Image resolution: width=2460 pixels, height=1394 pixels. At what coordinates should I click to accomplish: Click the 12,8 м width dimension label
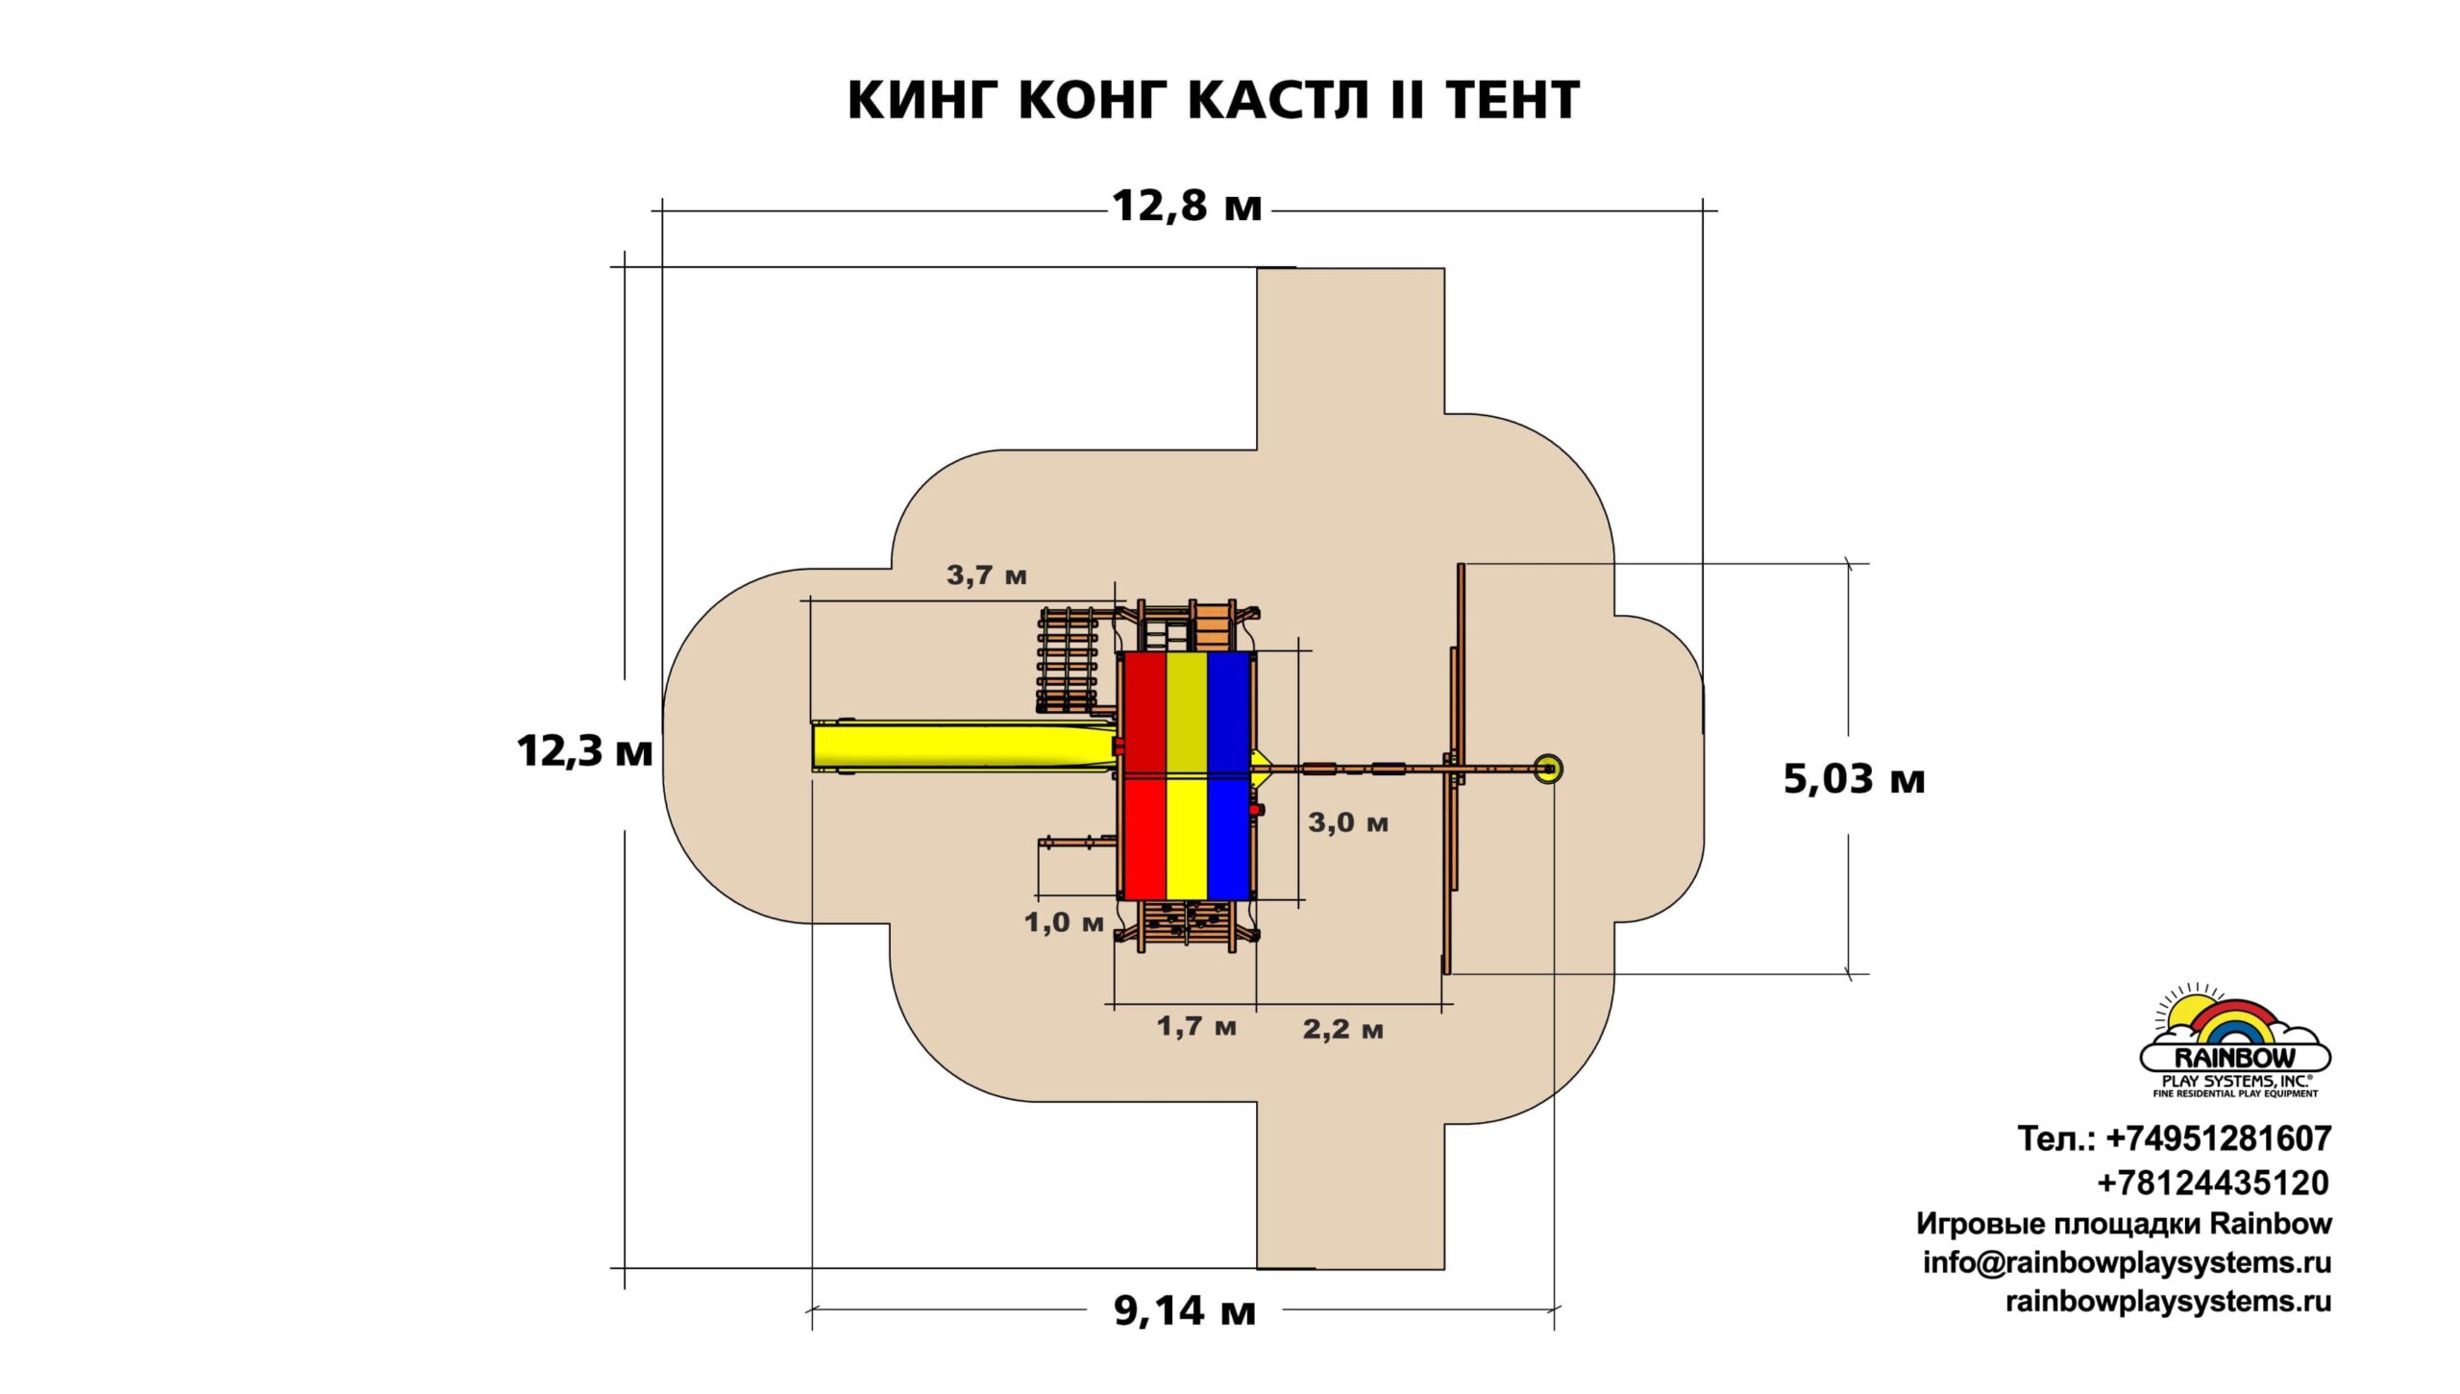tap(1187, 207)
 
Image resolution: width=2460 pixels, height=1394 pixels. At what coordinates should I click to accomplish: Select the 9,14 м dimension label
tap(1185, 1310)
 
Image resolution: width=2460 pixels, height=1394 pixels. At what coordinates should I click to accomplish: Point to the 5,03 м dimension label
tap(1854, 779)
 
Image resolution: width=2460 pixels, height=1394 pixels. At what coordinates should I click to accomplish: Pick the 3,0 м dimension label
tap(1348, 823)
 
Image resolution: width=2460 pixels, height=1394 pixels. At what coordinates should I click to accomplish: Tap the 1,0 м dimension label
tap(1064, 923)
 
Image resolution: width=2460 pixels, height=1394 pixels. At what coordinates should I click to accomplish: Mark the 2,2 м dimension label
tap(1342, 1030)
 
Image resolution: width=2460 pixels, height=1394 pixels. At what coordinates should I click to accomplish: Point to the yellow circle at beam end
tap(1547, 769)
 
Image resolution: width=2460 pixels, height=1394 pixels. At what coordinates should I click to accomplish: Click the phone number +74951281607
tap(2219, 1139)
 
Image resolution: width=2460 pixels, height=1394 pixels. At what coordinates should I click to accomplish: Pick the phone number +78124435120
tap(2213, 1183)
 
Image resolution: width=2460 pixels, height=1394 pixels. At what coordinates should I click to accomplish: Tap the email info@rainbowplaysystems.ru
tap(2127, 1262)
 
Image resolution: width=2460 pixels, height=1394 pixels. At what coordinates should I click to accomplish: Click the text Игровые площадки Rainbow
tap(2124, 1224)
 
